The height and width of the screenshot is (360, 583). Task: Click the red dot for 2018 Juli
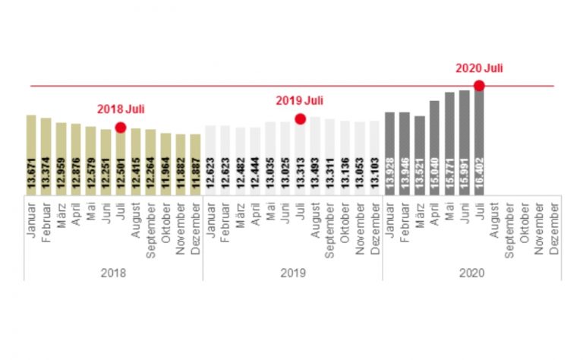pos(120,128)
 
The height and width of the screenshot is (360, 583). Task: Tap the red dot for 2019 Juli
pos(300,118)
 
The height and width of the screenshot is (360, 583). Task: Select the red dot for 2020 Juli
pos(479,86)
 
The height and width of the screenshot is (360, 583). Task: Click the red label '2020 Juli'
pos(479,68)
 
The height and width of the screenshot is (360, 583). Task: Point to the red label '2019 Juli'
pos(299,100)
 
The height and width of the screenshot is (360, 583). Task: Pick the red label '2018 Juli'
pos(120,109)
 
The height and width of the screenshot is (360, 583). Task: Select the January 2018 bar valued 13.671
pos(31,155)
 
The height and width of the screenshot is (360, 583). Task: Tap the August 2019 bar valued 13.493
pos(315,156)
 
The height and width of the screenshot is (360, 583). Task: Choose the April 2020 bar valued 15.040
pos(434,148)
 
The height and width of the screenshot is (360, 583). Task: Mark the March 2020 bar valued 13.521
pos(419,156)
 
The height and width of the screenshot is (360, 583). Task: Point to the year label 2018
pos(113,272)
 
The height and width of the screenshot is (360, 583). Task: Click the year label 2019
pos(292,272)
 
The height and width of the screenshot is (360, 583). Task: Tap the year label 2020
pos(471,272)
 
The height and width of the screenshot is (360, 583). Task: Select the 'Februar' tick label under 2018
pos(46,220)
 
